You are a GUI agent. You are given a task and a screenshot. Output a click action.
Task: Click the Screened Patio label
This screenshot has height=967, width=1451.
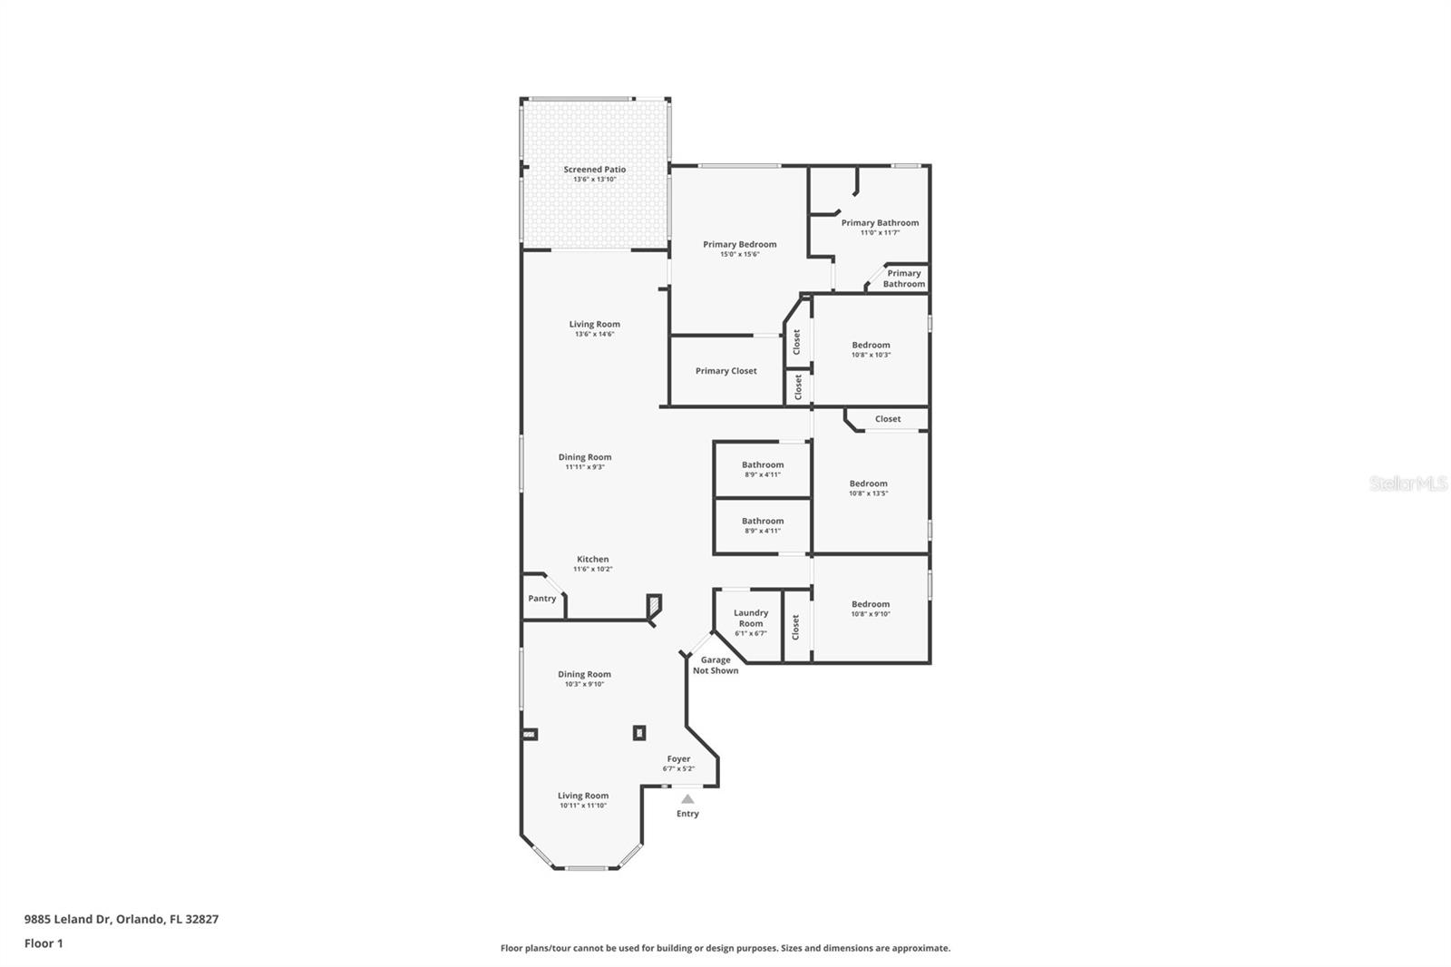(x=594, y=170)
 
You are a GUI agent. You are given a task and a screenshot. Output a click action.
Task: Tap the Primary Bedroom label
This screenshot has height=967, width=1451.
(x=739, y=244)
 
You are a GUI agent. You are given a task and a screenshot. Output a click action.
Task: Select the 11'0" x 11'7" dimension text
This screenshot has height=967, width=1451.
(x=880, y=233)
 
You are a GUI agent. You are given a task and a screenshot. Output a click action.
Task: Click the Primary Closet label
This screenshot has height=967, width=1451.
(x=725, y=371)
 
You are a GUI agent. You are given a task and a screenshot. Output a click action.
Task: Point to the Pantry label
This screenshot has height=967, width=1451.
(x=542, y=599)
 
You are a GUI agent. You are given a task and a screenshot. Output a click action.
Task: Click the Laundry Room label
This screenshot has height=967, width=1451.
(x=751, y=618)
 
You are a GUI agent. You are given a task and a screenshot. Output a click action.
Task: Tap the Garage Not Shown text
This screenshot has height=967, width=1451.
(x=716, y=665)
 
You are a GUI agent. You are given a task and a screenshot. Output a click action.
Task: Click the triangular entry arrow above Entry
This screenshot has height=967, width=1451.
(x=687, y=799)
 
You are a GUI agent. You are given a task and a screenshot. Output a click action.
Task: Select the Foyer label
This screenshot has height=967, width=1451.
(x=678, y=759)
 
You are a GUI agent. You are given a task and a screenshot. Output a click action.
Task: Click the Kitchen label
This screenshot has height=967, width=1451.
(x=593, y=559)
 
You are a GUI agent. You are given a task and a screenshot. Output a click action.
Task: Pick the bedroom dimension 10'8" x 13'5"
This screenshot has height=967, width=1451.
(x=868, y=493)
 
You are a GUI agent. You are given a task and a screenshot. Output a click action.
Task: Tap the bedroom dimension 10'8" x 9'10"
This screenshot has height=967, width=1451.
(x=871, y=614)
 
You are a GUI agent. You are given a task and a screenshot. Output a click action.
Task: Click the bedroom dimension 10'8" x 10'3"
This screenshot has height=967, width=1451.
(x=871, y=355)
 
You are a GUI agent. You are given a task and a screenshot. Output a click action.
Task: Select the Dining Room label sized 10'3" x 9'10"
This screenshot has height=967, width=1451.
(x=584, y=674)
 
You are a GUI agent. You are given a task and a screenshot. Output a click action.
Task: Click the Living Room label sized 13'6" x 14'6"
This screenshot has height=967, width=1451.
(x=594, y=324)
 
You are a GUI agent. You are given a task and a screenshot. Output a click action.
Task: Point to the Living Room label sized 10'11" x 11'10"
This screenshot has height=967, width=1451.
(x=583, y=796)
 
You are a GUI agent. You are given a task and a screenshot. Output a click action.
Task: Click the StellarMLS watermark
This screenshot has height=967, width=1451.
(x=1407, y=483)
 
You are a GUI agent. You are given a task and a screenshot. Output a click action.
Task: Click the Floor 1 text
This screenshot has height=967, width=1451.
(x=44, y=943)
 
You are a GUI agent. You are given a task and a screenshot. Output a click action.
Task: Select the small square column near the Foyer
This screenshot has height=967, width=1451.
(x=639, y=732)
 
